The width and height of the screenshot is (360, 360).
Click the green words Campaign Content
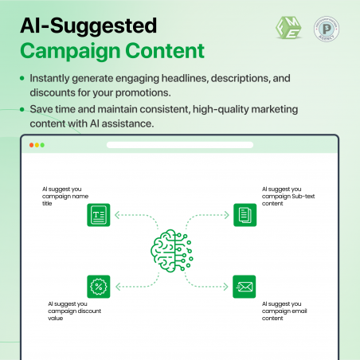click(x=112, y=52)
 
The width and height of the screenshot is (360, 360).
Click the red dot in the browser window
click(x=32, y=145)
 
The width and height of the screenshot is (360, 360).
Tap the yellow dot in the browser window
click(x=37, y=145)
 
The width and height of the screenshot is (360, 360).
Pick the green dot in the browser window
click(x=43, y=145)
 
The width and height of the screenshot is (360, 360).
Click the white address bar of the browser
click(x=179, y=145)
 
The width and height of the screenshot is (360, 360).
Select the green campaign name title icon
click(x=98, y=215)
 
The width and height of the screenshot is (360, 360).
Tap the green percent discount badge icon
click(x=98, y=286)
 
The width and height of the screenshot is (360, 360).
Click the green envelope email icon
click(x=244, y=286)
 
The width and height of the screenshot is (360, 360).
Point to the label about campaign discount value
click(x=73, y=312)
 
